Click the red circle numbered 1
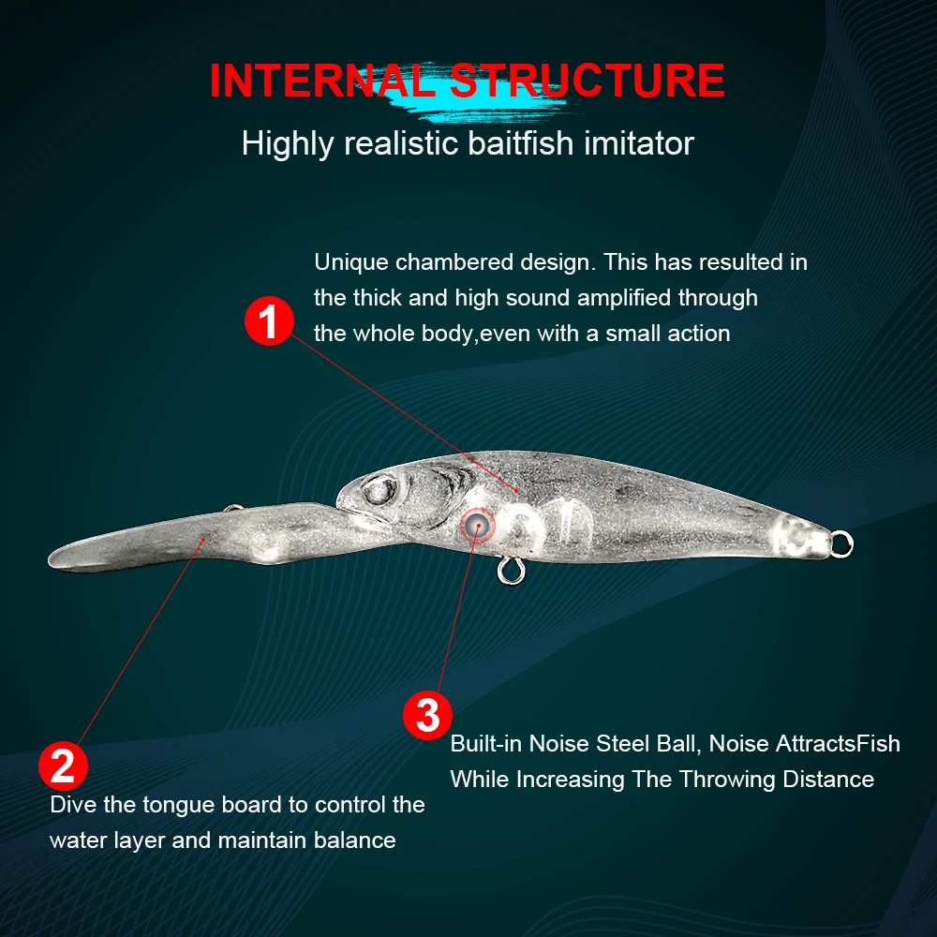pos(269,320)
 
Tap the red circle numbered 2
pos(63,766)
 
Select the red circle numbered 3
pos(427,715)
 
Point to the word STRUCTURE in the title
pos(587,80)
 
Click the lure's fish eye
pos(379,490)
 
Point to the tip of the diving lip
pos(50,560)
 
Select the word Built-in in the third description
pos(486,743)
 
